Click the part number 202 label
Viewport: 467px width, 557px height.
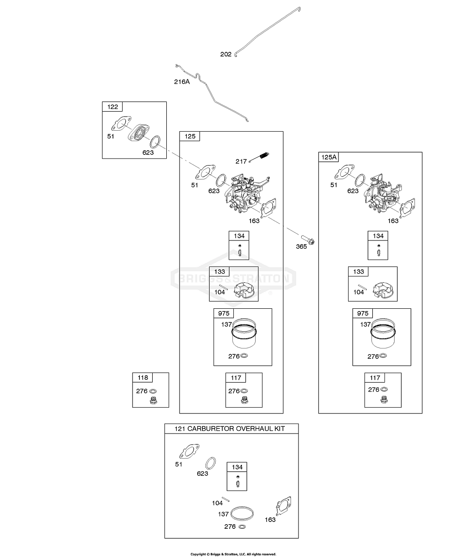(226, 54)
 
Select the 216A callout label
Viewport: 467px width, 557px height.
(182, 82)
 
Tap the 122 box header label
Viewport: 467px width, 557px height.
(112, 107)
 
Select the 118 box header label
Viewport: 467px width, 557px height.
(143, 378)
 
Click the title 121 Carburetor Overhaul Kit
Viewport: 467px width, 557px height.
(231, 429)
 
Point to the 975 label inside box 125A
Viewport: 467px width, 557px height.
(363, 313)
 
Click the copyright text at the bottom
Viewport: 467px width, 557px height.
(233, 554)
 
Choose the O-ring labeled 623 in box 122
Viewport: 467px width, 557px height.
(155, 141)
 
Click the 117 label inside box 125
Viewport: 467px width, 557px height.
(236, 378)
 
